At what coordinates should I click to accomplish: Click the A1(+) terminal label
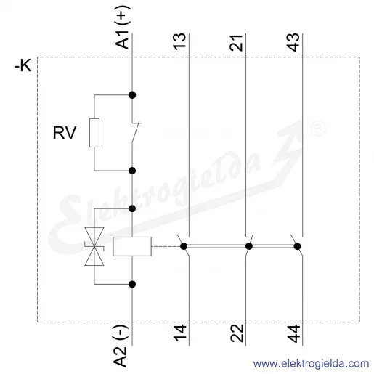pos(123,27)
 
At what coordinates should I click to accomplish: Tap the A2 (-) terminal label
pos(121,346)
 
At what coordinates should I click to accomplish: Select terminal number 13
pos(180,41)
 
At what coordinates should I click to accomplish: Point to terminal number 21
pos(237,43)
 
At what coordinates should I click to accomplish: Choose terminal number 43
pos(293,42)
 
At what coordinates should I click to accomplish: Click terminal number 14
pos(180,333)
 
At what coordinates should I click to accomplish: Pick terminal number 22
pos(237,333)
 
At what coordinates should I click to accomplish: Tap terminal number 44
pos(293,333)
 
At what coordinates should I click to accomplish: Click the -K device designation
pos(23,65)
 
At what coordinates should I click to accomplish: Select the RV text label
pos(65,133)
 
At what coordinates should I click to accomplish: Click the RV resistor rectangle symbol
pos(94,133)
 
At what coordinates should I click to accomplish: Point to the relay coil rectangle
pos(132,246)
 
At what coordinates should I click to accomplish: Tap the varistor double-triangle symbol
pos(94,246)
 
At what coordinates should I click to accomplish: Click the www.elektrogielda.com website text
pos(311,364)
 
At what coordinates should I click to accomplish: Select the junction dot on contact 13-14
pos(184,246)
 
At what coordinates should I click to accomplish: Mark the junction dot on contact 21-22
pos(249,246)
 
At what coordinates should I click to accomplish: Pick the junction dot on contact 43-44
pos(297,246)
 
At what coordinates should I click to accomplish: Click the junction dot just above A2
pos(132,285)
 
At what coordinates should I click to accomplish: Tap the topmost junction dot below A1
pos(132,95)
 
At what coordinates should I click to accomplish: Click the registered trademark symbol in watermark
pos(318,128)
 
